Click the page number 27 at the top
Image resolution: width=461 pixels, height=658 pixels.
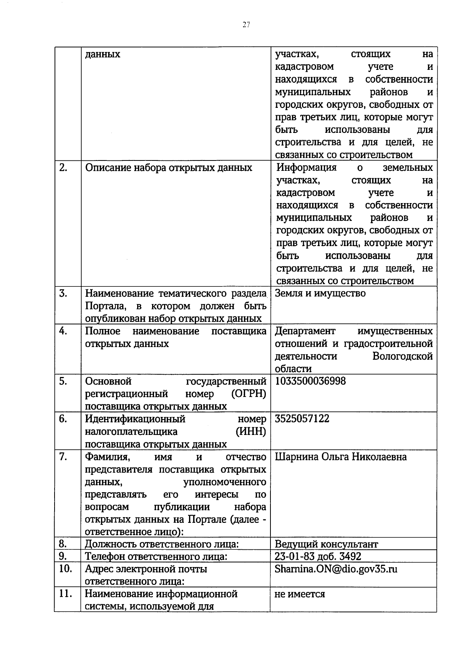pos(246,25)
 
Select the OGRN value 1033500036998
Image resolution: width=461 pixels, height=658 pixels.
pos(310,381)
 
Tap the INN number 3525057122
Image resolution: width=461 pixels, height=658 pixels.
pos(302,419)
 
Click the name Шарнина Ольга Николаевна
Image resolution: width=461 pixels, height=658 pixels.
pos(340,457)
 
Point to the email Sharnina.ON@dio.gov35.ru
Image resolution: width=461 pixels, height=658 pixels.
pos(336,569)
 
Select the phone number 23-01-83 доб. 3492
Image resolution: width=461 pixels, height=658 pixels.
pos(318,556)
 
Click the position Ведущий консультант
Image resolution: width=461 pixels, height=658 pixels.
pos(326,544)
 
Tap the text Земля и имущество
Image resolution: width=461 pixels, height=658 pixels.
pos(320,294)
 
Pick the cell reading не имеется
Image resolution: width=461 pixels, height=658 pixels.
pos(300,594)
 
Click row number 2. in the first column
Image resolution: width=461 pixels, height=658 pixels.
pos(64,168)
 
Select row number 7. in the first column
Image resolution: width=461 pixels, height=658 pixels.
pos(63,457)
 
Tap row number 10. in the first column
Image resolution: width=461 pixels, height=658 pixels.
pos(66,569)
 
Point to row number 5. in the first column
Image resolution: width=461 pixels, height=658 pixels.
pos(63,381)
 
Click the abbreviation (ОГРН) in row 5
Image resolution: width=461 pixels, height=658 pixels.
pos(249,394)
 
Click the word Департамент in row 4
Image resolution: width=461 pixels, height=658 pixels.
pos(305,331)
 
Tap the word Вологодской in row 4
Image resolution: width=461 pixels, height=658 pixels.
pos(402,356)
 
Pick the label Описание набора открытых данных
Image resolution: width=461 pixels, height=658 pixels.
pos(168,168)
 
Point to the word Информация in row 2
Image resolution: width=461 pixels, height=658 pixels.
pos(307,168)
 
